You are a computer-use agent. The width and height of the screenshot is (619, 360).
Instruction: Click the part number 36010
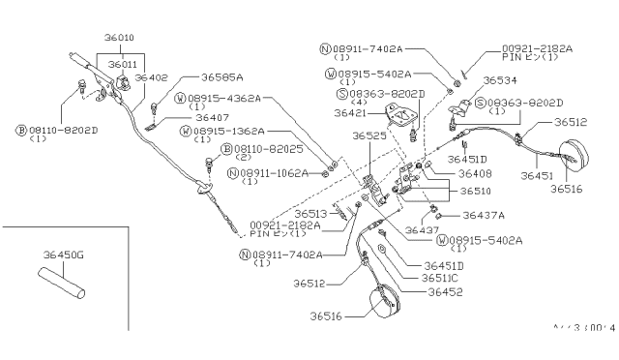[121, 37]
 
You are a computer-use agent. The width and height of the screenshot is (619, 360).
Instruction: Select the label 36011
[123, 65]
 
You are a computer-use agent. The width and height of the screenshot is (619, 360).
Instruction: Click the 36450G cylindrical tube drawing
[62, 286]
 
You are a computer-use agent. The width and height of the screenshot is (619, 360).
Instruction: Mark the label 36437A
[484, 216]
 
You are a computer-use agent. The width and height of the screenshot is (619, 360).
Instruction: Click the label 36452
[446, 291]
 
